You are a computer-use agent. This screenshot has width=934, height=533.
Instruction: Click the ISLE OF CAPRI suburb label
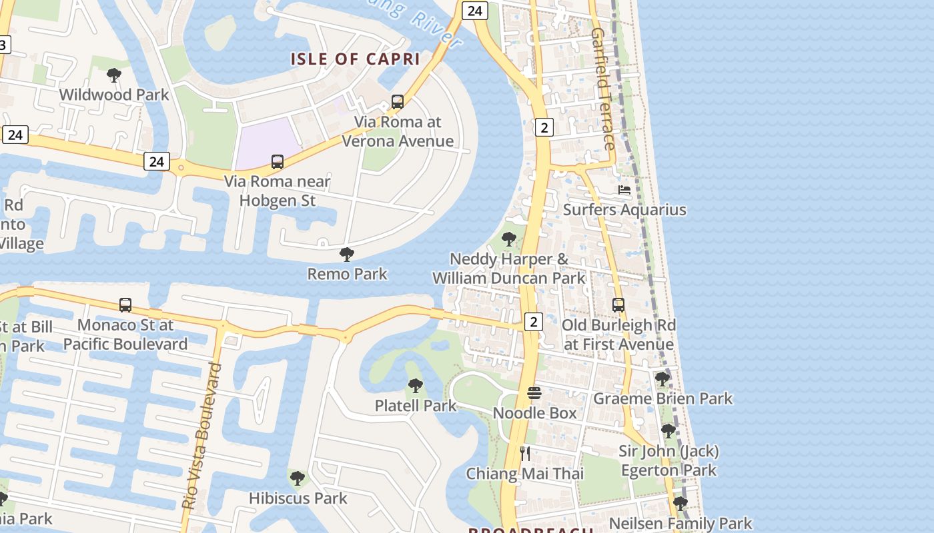[x=355, y=59]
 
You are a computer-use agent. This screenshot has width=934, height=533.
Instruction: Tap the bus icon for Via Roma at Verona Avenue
[x=398, y=102]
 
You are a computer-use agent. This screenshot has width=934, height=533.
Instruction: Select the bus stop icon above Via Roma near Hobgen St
[x=277, y=161]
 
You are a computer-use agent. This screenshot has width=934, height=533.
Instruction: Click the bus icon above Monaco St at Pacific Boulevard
[x=125, y=305]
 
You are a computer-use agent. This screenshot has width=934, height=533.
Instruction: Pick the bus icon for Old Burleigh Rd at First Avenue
[x=618, y=305]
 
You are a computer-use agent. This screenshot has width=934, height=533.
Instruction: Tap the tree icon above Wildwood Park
[x=114, y=75]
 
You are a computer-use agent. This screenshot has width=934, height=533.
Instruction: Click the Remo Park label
[x=347, y=273]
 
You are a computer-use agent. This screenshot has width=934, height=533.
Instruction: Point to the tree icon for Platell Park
[x=415, y=385]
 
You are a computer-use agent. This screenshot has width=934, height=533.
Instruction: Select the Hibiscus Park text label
[x=298, y=498]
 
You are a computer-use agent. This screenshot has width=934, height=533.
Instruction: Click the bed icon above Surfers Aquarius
[x=624, y=190]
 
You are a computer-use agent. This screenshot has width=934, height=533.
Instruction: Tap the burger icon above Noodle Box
[x=534, y=393]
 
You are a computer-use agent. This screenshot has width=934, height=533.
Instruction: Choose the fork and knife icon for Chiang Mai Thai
[x=525, y=454]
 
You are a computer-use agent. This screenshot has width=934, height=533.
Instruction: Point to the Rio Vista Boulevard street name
[x=201, y=436]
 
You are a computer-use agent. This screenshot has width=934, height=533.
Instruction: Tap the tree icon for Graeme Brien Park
[x=662, y=379]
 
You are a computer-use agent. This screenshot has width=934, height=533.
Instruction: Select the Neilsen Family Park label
[x=680, y=524]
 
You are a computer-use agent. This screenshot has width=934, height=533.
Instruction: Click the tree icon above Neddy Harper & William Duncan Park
[x=509, y=239]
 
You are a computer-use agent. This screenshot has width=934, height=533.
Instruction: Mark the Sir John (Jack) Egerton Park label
[x=668, y=460]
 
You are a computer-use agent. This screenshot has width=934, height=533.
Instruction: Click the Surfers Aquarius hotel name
[x=624, y=210]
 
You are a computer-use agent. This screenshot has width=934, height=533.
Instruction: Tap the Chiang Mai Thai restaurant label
[x=524, y=474]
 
